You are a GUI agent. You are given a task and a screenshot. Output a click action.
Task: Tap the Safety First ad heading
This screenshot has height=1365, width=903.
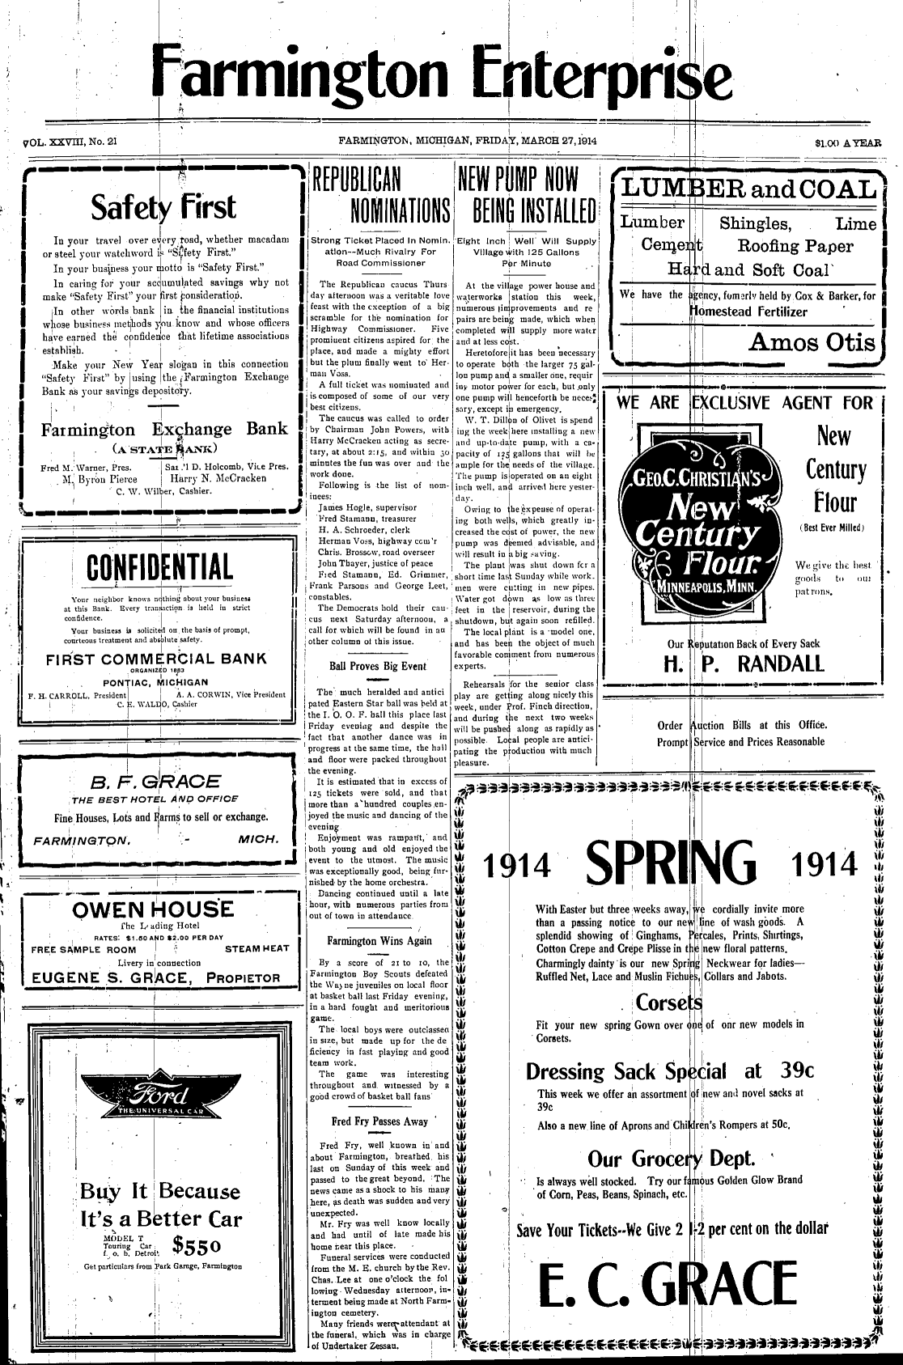pos(163,207)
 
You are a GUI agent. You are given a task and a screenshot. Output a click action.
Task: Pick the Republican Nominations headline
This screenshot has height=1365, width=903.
pos(381,195)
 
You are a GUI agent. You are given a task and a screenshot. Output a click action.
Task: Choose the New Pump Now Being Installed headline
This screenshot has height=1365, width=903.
pos(527,195)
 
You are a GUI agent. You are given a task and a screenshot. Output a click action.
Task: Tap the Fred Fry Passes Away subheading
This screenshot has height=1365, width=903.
pos(379,1121)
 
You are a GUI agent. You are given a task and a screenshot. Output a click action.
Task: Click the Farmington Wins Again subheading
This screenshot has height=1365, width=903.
pos(379,941)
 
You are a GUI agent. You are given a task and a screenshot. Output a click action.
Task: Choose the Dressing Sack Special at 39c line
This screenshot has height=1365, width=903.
pos(669,1071)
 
